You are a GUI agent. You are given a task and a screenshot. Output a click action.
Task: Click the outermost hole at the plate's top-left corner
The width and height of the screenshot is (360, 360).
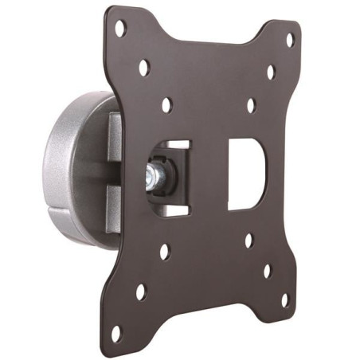tap(120, 29)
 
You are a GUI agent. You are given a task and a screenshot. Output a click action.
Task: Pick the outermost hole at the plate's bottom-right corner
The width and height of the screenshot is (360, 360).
tap(284, 300)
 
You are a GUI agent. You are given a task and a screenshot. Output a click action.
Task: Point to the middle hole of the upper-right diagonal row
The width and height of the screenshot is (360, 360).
tap(271, 72)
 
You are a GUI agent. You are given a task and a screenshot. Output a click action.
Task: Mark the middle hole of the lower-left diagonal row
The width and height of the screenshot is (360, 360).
tap(141, 292)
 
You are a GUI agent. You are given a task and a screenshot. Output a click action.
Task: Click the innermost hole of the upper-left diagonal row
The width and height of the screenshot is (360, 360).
tap(166, 104)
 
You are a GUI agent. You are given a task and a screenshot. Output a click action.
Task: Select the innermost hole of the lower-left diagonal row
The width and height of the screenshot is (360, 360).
tap(165, 253)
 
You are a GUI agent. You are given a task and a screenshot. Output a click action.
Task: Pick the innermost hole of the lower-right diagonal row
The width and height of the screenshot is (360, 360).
tap(249, 240)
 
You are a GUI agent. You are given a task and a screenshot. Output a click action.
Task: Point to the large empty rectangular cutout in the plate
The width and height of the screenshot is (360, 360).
tap(245, 174)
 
